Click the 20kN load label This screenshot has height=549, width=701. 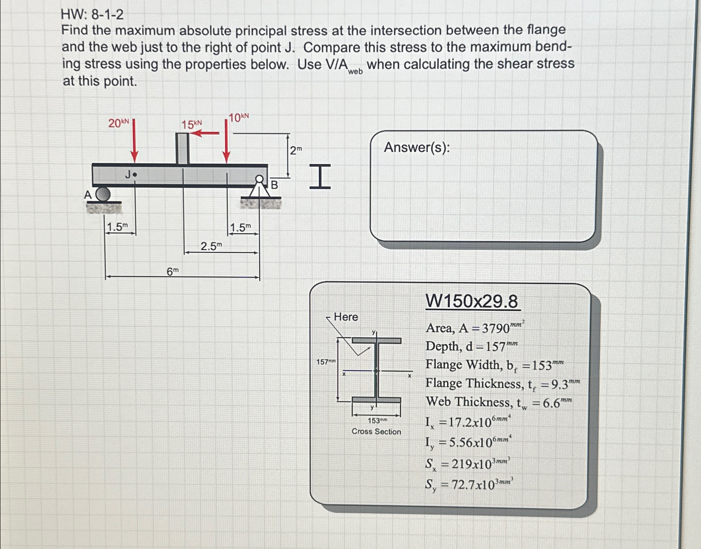click(119, 123)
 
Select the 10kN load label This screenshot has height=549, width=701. click(239, 118)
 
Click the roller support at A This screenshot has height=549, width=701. click(103, 194)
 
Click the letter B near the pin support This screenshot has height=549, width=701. click(274, 185)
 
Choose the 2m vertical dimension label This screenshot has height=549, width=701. click(295, 151)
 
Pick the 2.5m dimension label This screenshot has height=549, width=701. click(211, 246)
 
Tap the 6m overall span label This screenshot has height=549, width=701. click(172, 272)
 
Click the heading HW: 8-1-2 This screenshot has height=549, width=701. click(92, 15)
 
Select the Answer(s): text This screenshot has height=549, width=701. click(416, 147)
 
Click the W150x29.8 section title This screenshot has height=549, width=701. click(472, 301)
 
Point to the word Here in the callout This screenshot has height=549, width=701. click(346, 317)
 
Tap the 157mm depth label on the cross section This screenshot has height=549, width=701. click(325, 362)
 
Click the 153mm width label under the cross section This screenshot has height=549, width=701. click(377, 421)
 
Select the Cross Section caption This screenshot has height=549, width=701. click(376, 432)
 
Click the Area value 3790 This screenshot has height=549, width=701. click(495, 329)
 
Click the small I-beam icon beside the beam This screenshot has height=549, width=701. click(320, 176)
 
